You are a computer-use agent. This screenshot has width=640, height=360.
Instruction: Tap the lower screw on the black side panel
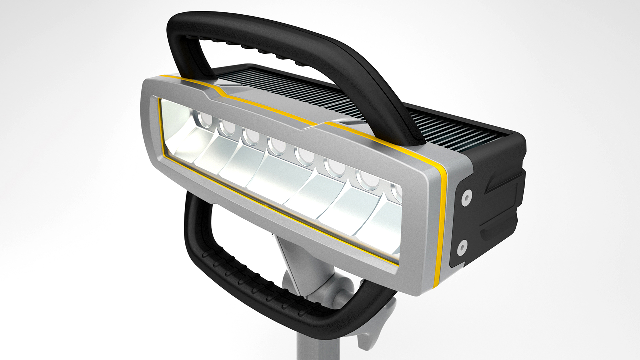pyautogui.click(x=462, y=247)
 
